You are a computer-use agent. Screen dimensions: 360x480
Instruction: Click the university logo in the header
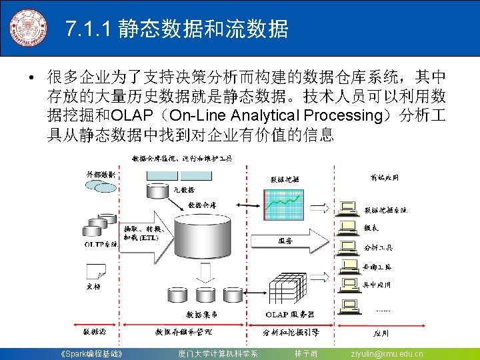pos(28,28)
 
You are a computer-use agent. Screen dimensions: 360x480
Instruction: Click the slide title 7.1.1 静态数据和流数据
pos(177,29)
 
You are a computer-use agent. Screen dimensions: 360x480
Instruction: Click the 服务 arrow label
pos(285,241)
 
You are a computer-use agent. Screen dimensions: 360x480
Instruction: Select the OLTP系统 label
pos(101,245)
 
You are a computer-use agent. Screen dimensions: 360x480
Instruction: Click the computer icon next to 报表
pos(347,228)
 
